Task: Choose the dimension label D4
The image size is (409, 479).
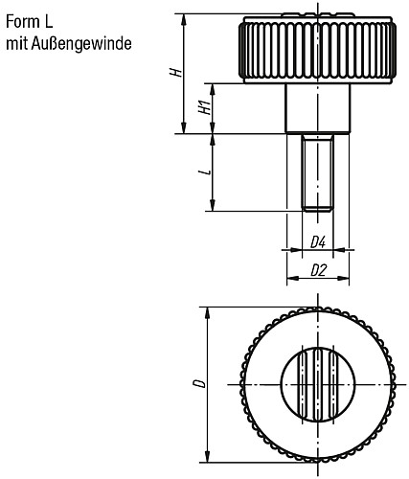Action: (318, 241)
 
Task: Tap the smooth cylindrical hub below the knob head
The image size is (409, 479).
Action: (317, 108)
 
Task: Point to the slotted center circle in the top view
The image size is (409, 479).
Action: (317, 384)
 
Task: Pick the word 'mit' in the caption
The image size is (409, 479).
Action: (16, 44)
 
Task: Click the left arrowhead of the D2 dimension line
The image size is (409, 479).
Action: (290, 282)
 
